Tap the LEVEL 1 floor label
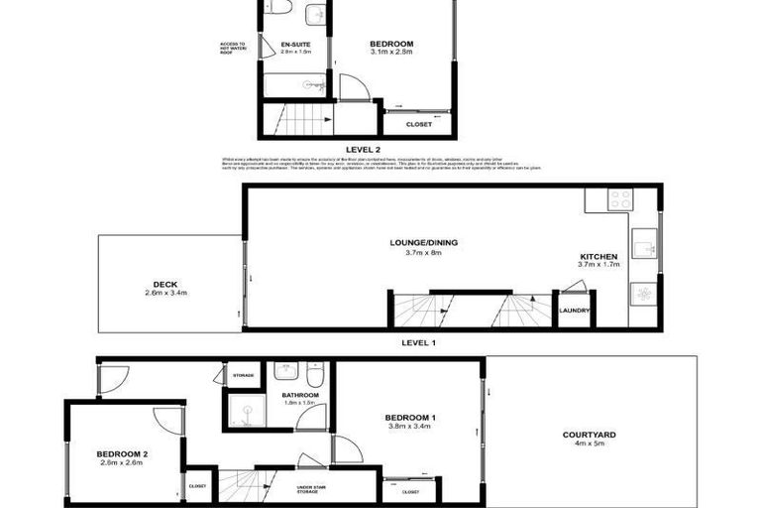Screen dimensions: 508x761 pos(419,342)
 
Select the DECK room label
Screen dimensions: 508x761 pos(165,282)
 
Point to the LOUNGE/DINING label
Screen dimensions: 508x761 pos(423,242)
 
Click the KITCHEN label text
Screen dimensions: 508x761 pos(598,257)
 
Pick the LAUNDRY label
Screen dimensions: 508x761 pos(575,311)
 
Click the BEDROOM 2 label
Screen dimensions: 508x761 pos(122,454)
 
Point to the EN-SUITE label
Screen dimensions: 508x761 pos(295,45)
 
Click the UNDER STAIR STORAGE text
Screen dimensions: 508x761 pos(314,489)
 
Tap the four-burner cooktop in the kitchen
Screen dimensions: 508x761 pos(620,198)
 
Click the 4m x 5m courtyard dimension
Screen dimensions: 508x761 pos(590,444)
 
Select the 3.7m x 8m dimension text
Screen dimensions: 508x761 pos(423,252)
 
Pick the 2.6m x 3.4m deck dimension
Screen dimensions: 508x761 pos(165,293)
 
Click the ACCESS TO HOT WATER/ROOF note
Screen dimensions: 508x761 pos(233,49)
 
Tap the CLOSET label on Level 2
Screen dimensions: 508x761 pos(418,124)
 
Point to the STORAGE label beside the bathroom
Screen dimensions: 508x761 pos(244,376)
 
